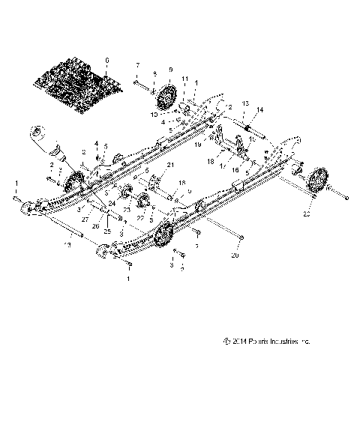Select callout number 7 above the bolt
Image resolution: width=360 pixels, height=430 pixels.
point(137,65)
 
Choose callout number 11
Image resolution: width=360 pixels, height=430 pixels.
point(185,78)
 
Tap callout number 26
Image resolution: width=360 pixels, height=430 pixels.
point(95,225)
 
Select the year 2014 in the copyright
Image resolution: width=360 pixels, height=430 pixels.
point(242,341)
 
